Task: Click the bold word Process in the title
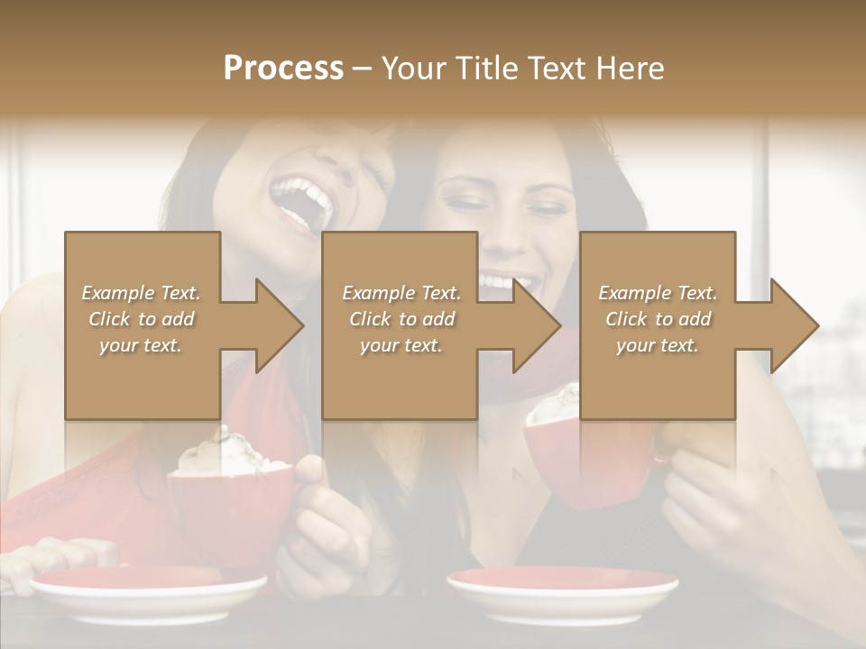click(283, 69)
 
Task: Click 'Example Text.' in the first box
click(141, 293)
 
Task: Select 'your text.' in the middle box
click(401, 345)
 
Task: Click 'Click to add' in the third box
click(659, 319)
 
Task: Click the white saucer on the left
click(149, 595)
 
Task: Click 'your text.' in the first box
click(141, 345)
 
